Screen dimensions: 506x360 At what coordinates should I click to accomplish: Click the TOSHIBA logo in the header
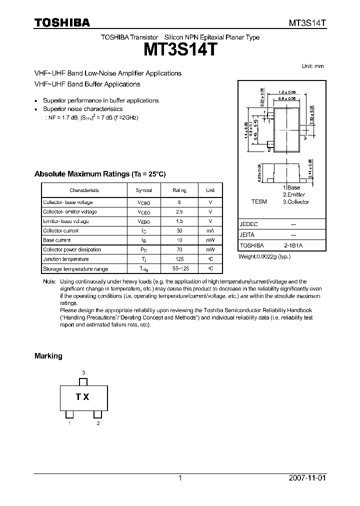[62, 22]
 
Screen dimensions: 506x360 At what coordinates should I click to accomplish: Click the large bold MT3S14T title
[180, 50]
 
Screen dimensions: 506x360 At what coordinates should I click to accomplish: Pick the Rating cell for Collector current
[179, 230]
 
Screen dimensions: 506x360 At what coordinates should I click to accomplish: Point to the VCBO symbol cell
[143, 202]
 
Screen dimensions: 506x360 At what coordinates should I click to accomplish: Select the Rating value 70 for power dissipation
[179, 249]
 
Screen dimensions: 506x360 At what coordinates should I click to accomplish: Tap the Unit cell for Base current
[210, 240]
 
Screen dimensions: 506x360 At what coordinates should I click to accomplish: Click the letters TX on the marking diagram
[82, 397]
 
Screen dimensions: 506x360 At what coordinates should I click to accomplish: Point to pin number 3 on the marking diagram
[83, 373]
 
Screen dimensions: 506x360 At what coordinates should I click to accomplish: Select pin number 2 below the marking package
[98, 423]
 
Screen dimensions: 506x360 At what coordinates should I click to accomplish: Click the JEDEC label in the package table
[248, 224]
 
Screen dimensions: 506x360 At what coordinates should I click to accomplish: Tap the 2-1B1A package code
[293, 245]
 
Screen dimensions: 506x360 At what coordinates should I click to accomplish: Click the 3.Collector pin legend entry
[296, 202]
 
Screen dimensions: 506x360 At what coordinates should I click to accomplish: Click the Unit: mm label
[313, 66]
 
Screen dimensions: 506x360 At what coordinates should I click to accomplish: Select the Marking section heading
[48, 356]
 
